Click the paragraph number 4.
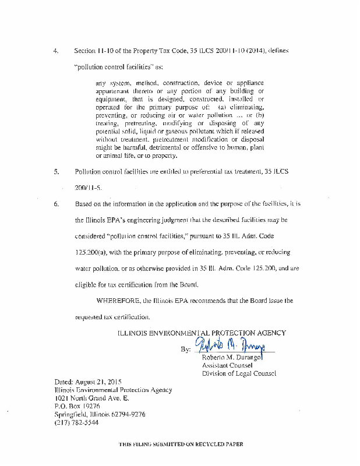pos(55,51)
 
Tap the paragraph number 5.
pos(56,172)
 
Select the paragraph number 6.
pos(56,204)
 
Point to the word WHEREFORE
pos(119,301)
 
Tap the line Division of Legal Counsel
pos(239,373)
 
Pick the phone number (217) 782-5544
pos(76,423)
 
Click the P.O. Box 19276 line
pos(77,407)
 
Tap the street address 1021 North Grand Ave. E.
pos(91,398)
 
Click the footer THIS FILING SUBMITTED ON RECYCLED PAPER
pos(181,444)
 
